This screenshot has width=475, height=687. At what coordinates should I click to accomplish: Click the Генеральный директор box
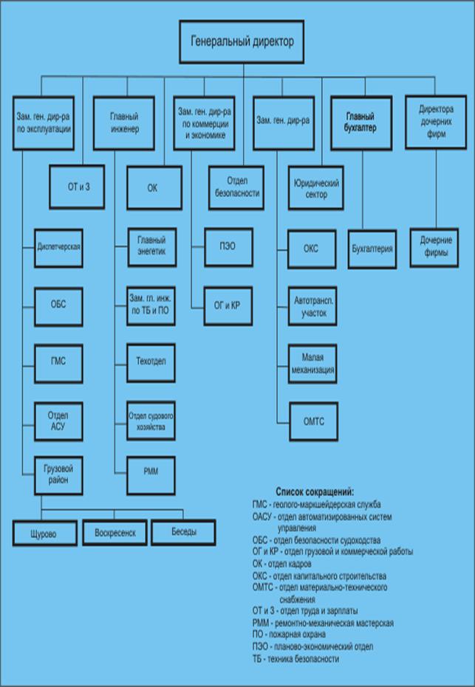click(242, 42)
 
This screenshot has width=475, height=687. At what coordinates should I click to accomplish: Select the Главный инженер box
click(124, 121)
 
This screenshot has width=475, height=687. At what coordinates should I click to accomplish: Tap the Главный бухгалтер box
click(360, 121)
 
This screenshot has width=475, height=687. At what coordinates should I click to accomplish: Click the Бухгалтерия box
click(373, 249)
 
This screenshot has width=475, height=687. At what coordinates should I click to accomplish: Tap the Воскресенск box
click(115, 533)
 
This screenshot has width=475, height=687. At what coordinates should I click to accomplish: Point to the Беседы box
click(184, 532)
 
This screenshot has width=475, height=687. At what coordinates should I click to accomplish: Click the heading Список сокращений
click(315, 491)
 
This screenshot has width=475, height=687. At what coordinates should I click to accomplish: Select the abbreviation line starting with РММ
click(322, 623)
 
